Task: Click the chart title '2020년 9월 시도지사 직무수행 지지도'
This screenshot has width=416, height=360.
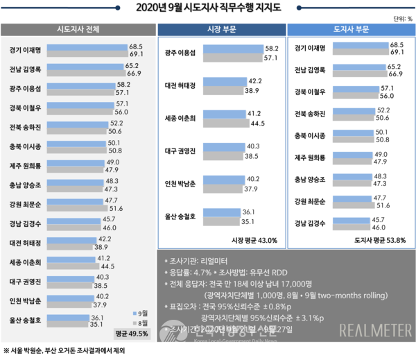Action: tap(207, 8)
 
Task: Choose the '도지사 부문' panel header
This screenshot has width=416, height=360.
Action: tap(352, 30)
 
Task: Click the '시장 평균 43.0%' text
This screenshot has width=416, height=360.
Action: tap(254, 240)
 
